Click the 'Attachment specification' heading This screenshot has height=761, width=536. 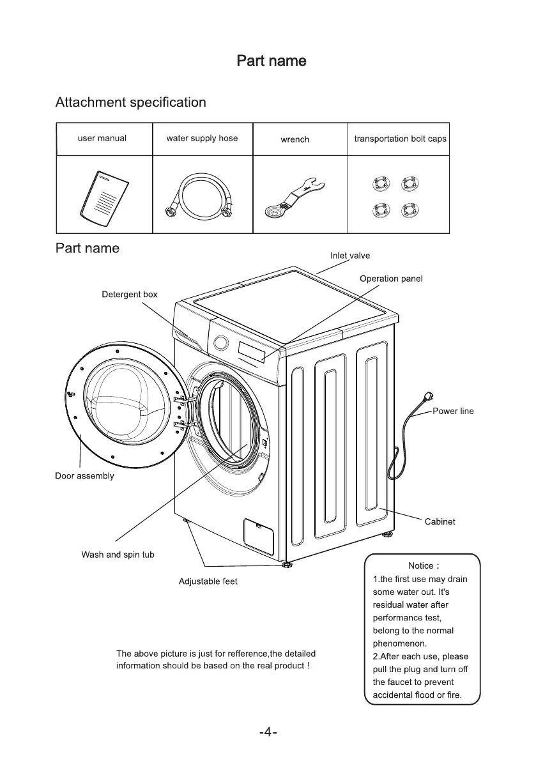[x=131, y=102]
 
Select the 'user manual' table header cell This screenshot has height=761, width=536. [x=102, y=138]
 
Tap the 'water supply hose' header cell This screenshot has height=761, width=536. [x=202, y=138]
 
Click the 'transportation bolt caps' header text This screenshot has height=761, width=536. [x=400, y=139]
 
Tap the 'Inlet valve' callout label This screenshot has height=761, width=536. [x=350, y=256]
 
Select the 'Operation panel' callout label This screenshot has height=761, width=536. [x=391, y=279]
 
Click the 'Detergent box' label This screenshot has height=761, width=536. [x=130, y=295]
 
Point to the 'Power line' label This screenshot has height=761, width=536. [x=453, y=411]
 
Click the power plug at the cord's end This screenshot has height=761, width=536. [x=423, y=399]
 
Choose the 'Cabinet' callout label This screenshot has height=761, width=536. [x=440, y=521]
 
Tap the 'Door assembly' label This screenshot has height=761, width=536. [x=84, y=475]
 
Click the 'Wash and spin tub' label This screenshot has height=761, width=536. [x=118, y=555]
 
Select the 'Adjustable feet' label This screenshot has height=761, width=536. [x=208, y=581]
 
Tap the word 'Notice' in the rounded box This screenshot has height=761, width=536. [x=420, y=566]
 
